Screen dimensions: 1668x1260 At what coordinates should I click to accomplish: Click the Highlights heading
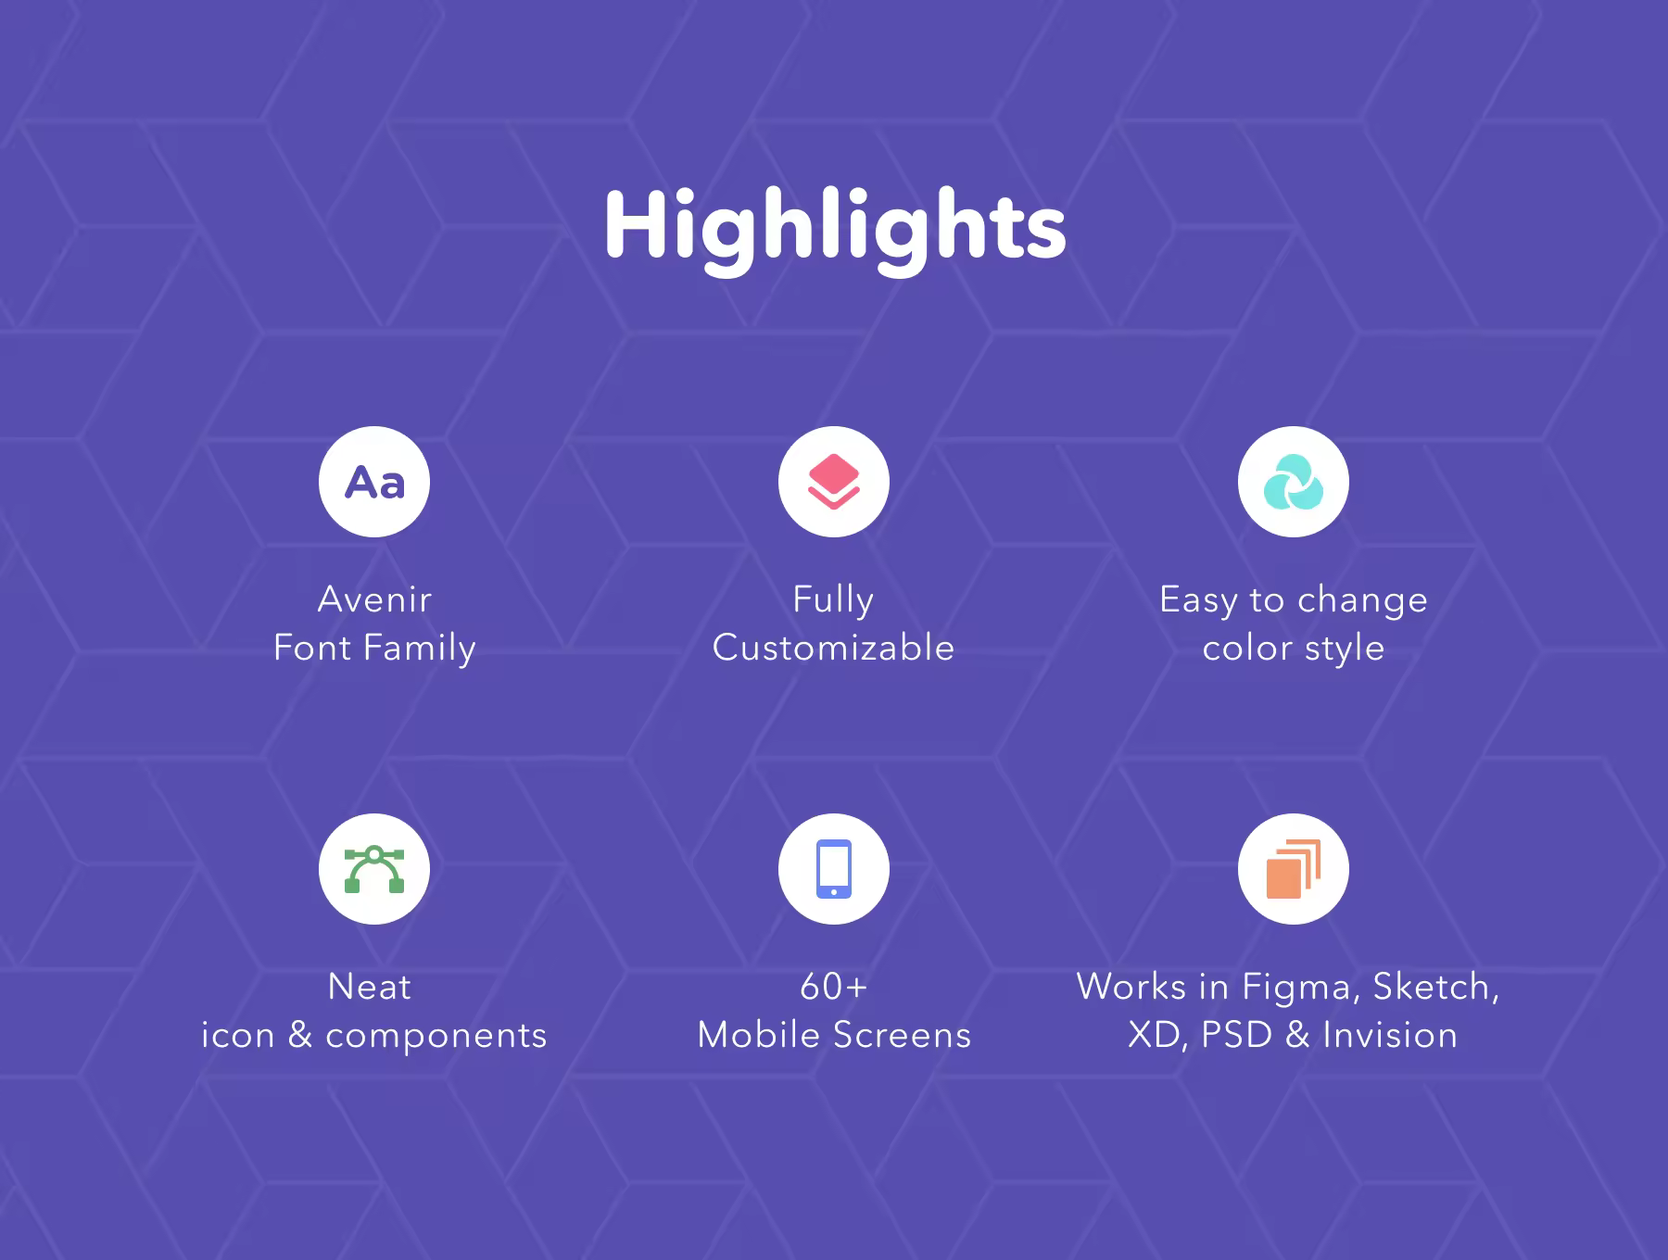tap(835, 227)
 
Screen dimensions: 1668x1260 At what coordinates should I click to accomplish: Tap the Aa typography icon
tap(374, 483)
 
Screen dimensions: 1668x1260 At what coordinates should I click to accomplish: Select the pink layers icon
tap(834, 482)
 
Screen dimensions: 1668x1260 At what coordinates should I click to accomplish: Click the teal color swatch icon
tap(1294, 483)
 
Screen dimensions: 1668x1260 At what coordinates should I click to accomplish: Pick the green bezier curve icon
tap(374, 869)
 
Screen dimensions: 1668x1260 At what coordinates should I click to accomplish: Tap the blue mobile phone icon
tap(834, 869)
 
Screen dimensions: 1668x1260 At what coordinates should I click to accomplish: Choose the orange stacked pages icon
tap(1294, 869)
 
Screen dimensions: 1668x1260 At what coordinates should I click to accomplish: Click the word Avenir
tap(374, 599)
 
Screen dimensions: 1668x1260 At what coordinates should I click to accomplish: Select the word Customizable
tap(833, 647)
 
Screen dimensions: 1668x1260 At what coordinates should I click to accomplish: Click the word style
tap(1345, 649)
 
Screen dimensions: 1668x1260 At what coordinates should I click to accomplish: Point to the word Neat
tap(370, 987)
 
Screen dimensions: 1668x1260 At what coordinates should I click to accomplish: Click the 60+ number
tap(834, 987)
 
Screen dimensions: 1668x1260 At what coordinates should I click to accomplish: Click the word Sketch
tap(1435, 988)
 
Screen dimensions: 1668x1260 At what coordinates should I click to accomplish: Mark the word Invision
tap(1390, 1035)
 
